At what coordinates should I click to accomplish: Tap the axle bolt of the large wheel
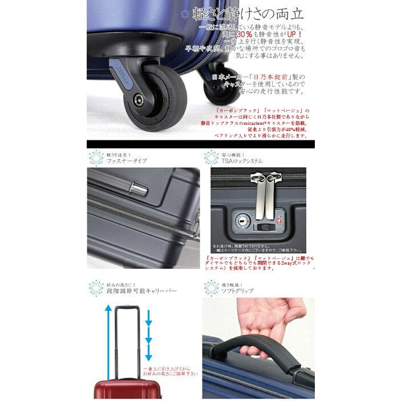pos(139,100)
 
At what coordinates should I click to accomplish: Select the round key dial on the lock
pos(241,218)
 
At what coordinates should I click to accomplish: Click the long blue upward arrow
pos(107,337)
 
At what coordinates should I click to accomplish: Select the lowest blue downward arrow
pos(149,357)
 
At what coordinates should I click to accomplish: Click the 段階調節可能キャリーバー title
pos(141,290)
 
